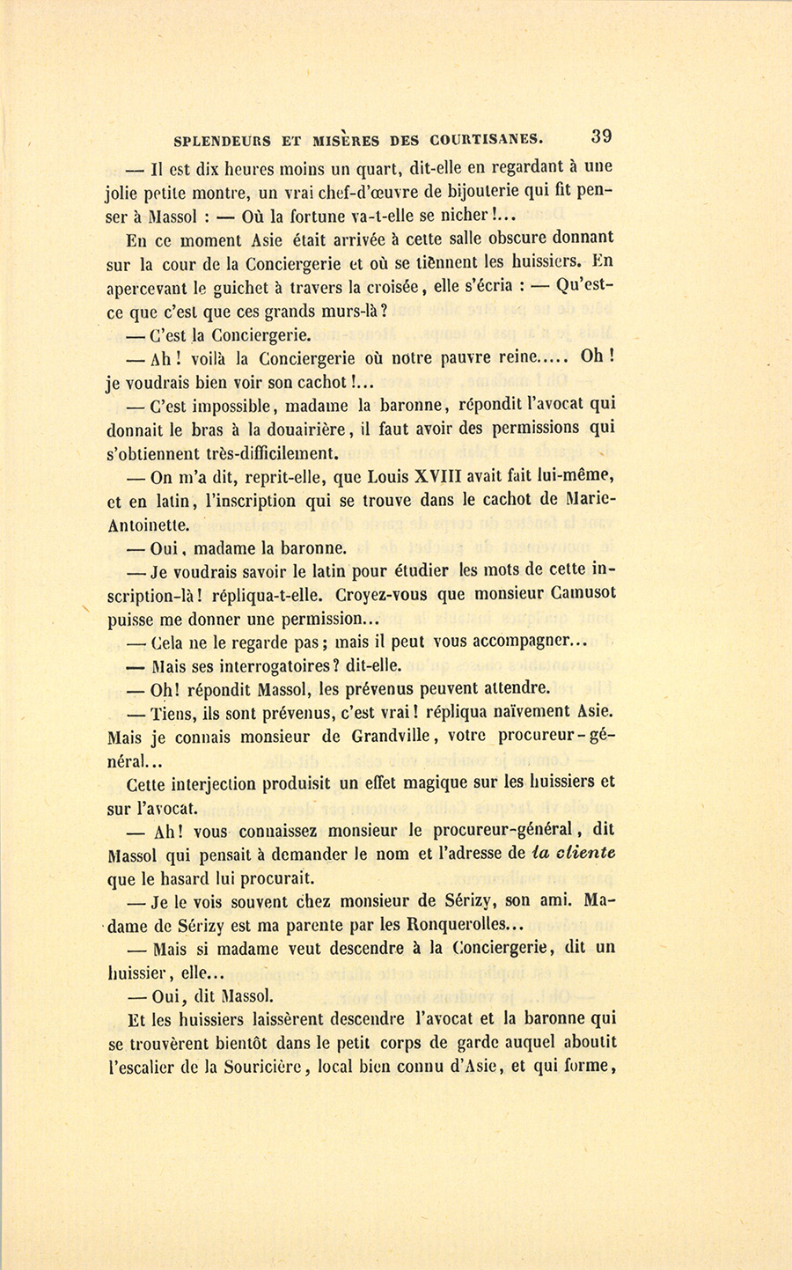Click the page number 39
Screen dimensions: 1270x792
602,136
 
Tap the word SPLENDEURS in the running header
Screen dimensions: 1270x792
224,139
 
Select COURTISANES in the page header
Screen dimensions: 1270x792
487,139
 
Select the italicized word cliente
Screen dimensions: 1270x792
584,853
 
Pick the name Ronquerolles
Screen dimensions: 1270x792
467,925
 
